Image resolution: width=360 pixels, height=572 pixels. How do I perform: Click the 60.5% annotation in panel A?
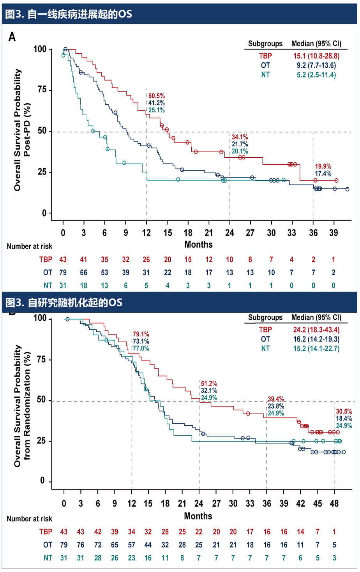[x=156, y=96]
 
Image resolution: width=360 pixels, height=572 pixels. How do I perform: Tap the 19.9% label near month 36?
[x=323, y=167]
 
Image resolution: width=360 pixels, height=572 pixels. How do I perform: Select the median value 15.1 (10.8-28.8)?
[x=316, y=56]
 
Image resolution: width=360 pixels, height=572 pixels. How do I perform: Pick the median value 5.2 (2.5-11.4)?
[x=316, y=75]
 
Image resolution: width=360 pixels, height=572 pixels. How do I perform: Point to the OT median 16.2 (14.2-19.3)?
[x=316, y=339]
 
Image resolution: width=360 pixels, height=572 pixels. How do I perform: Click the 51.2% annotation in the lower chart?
[x=209, y=384]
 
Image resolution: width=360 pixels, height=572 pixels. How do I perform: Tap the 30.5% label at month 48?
[x=344, y=411]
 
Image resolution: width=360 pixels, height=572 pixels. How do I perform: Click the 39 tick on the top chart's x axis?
[x=334, y=233]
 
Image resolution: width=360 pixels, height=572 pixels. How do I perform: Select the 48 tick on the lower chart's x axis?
[x=334, y=503]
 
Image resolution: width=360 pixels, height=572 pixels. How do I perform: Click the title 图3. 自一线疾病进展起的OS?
[x=69, y=14]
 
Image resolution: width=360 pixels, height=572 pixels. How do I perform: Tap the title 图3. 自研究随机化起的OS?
[x=64, y=303]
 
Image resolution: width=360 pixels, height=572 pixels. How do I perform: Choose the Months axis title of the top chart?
[x=198, y=245]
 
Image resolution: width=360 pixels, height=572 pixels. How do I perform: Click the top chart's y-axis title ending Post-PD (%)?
[x=22, y=130]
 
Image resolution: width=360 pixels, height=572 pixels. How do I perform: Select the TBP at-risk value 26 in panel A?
[x=146, y=260]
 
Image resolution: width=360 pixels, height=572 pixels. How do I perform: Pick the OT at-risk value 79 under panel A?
[x=63, y=273]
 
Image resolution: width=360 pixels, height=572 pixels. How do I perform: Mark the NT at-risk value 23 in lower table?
[x=132, y=558]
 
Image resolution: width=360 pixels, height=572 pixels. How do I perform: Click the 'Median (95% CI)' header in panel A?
[x=316, y=44]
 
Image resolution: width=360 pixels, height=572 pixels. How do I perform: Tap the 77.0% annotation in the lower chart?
[x=141, y=348]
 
